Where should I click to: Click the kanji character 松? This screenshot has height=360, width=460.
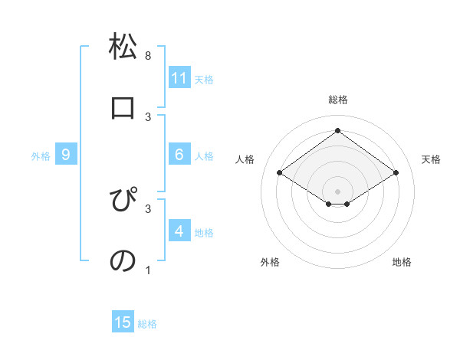coord(123,47)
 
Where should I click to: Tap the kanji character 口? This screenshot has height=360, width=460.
coord(123,108)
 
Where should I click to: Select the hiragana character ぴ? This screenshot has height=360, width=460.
coord(123,201)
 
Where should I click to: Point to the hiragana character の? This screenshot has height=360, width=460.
coord(123,260)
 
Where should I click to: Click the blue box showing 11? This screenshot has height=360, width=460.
coord(179,78)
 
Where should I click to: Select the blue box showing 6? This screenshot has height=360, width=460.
coord(179,155)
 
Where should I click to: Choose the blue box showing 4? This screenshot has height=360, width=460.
coord(179,231)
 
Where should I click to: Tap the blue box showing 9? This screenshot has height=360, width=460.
coord(66,155)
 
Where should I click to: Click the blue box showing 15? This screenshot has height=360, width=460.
coord(123,322)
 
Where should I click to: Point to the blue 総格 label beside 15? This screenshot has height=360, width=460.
coord(147,324)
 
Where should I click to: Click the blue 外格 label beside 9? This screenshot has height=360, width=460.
coord(41,156)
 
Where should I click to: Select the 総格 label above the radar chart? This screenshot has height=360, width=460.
coord(338,100)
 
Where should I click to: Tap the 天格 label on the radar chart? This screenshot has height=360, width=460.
coord(431,159)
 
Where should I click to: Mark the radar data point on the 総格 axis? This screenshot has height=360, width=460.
coord(337,129)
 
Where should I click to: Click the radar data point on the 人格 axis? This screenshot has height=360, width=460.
coord(279,173)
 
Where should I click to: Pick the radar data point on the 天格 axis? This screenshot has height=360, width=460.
coord(396,173)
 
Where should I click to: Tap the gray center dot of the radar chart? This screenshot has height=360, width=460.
coord(337,191)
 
